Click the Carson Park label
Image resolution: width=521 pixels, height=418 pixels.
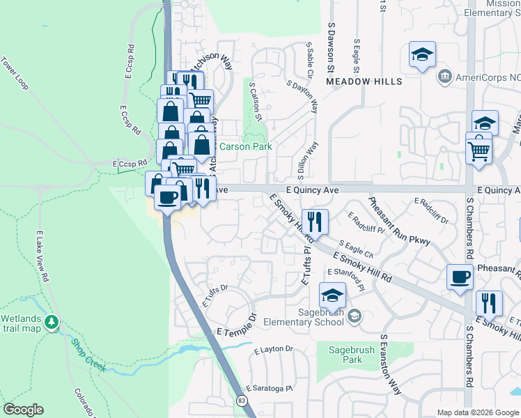(x=245, y=147)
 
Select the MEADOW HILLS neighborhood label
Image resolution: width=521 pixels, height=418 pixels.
(x=364, y=82)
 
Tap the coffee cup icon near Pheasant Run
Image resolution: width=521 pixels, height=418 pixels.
(x=460, y=277)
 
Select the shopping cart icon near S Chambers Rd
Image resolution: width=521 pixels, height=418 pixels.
(x=479, y=150)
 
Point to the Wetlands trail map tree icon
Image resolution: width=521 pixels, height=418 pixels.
(x=51, y=323)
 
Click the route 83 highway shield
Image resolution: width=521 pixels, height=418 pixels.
(x=241, y=401)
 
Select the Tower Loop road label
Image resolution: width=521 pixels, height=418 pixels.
(x=15, y=73)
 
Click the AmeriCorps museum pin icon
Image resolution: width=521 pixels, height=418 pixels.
(x=444, y=75)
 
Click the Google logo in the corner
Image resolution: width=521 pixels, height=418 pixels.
(x=23, y=410)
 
